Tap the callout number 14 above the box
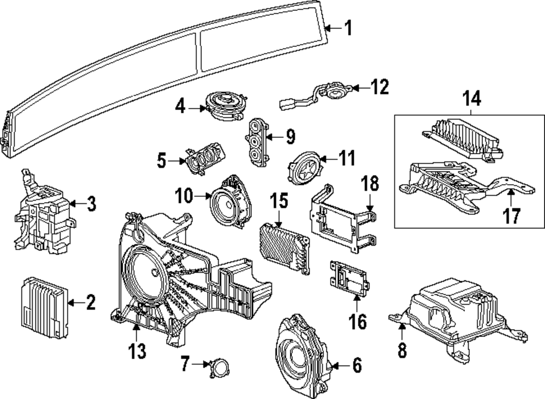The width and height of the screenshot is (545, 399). click(x=472, y=100)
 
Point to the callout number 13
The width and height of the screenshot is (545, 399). click(x=137, y=350)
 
